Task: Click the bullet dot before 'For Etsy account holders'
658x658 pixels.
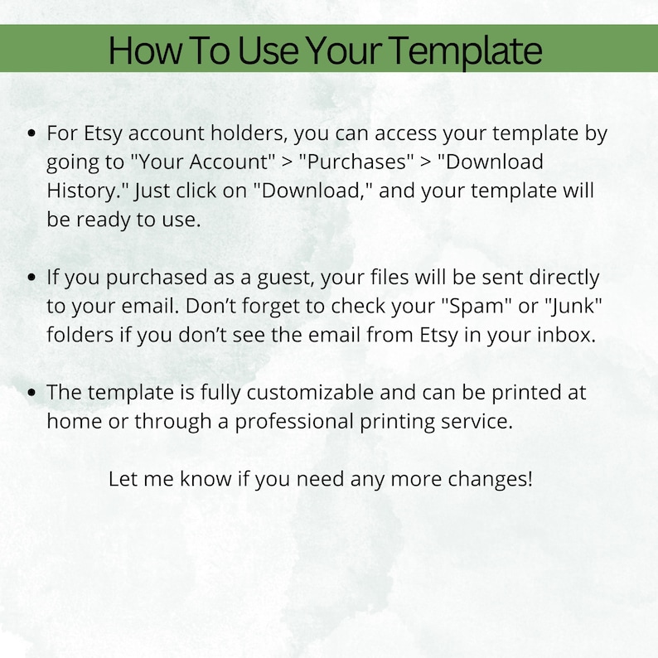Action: pyautogui.click(x=32, y=133)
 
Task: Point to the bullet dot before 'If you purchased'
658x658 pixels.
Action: pyautogui.click(x=32, y=277)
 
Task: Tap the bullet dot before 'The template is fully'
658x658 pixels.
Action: pyautogui.click(x=32, y=392)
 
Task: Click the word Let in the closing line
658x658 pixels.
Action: pyautogui.click(x=123, y=479)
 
